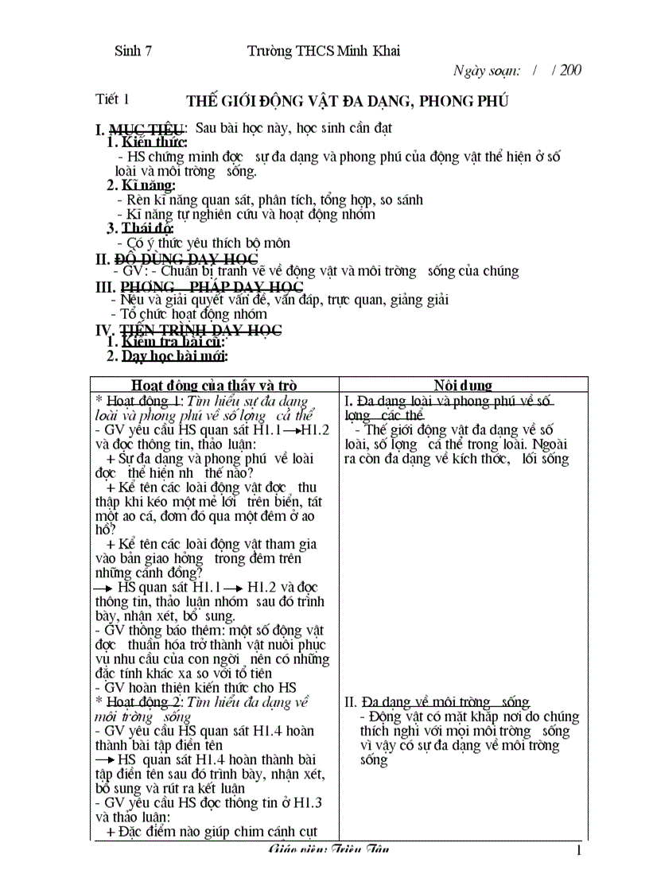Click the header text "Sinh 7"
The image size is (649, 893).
134,50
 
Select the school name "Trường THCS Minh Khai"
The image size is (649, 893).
323,51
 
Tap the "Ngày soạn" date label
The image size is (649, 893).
486,70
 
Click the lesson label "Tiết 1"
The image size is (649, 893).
112,99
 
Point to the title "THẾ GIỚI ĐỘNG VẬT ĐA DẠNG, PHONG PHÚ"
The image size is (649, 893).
347,101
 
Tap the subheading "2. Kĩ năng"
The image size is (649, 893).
142,185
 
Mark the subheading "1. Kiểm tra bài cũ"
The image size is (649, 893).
160,343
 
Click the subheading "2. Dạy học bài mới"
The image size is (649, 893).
167,356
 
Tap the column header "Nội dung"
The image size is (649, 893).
463,386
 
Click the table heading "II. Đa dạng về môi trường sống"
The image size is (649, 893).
437,702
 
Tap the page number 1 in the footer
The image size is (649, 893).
579,851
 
